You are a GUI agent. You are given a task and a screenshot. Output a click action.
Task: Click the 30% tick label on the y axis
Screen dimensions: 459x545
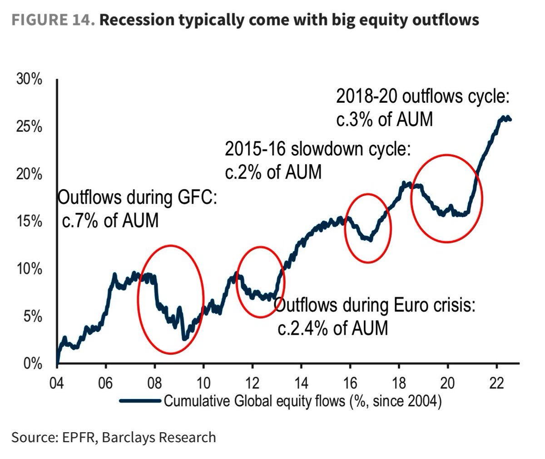pyautogui.click(x=29, y=80)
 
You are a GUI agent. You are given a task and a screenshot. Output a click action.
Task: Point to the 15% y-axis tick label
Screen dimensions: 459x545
pyautogui.click(x=29, y=222)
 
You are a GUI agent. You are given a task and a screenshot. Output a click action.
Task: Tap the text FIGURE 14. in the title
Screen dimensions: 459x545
pyautogui.click(x=53, y=20)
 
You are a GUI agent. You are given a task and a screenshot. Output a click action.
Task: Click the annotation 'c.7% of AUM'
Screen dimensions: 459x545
pyautogui.click(x=110, y=220)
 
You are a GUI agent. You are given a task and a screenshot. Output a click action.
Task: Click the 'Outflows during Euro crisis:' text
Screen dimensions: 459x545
pyautogui.click(x=375, y=305)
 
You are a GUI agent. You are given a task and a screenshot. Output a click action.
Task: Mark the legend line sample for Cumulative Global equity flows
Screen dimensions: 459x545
pyautogui.click(x=140, y=401)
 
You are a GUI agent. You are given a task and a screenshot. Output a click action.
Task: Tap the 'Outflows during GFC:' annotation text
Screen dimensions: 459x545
pyautogui.click(x=138, y=198)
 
